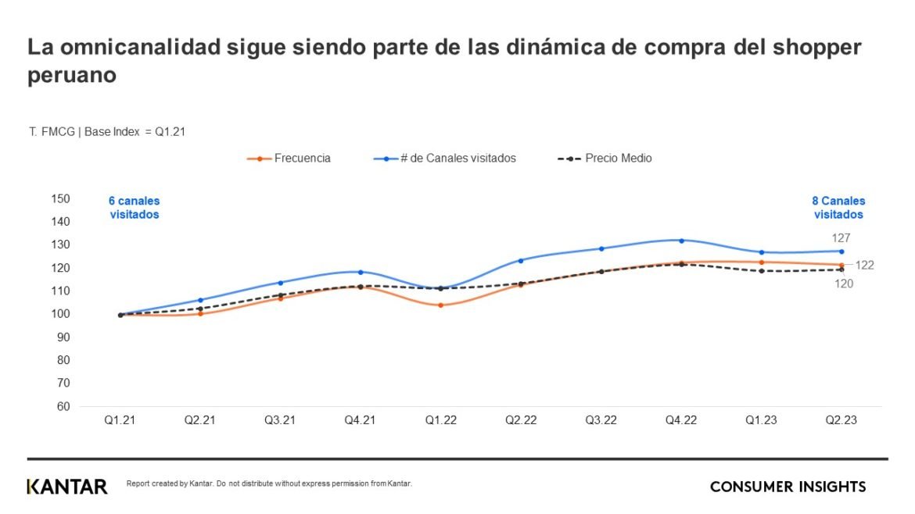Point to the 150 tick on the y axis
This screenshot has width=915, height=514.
(x=60, y=198)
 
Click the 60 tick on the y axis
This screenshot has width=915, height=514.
(x=63, y=406)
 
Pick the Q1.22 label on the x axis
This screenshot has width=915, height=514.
(x=440, y=419)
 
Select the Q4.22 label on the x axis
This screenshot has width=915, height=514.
(x=681, y=419)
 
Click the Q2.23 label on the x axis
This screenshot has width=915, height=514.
(x=841, y=419)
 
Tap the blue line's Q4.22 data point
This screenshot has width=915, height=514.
(x=681, y=241)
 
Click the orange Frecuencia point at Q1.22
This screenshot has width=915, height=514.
(x=440, y=305)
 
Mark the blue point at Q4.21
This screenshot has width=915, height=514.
(x=361, y=272)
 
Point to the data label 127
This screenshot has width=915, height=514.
(x=841, y=237)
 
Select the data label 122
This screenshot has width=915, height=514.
(x=864, y=266)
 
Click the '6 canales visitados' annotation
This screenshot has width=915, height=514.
(x=134, y=207)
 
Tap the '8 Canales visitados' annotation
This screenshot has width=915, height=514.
(x=838, y=207)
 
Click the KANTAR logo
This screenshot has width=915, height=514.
(x=67, y=487)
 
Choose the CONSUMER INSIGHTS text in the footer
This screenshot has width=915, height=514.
(x=788, y=487)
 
